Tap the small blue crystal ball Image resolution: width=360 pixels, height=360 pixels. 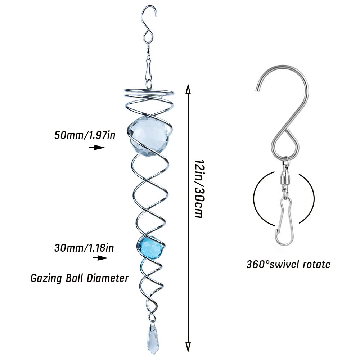tap(151, 247)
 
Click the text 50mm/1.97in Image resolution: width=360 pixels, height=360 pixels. tap(85, 135)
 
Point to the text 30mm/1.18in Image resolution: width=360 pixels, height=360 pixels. tap(84, 248)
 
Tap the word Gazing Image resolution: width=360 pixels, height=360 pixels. tap(46, 279)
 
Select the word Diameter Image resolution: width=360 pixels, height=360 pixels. tap(107, 278)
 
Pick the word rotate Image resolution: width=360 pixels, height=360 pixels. tap(316, 265)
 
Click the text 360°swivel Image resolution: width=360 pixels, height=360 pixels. tap(273, 265)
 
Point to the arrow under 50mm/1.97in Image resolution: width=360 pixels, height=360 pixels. tap(97, 147)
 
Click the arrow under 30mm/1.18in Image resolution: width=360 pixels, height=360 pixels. tap(100, 258)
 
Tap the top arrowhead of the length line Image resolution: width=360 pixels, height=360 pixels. tap(188, 89)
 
